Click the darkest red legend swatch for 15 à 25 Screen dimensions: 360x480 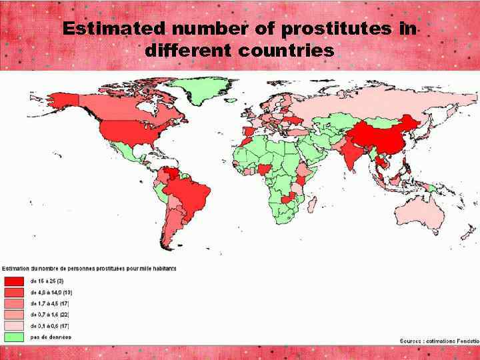[x=15, y=281]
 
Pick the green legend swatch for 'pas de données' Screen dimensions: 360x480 [x=15, y=337]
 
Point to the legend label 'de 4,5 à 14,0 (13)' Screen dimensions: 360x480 [x=51, y=292]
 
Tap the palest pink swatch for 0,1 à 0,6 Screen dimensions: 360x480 [x=15, y=326]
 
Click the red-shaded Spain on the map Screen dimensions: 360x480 [x=249, y=131]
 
